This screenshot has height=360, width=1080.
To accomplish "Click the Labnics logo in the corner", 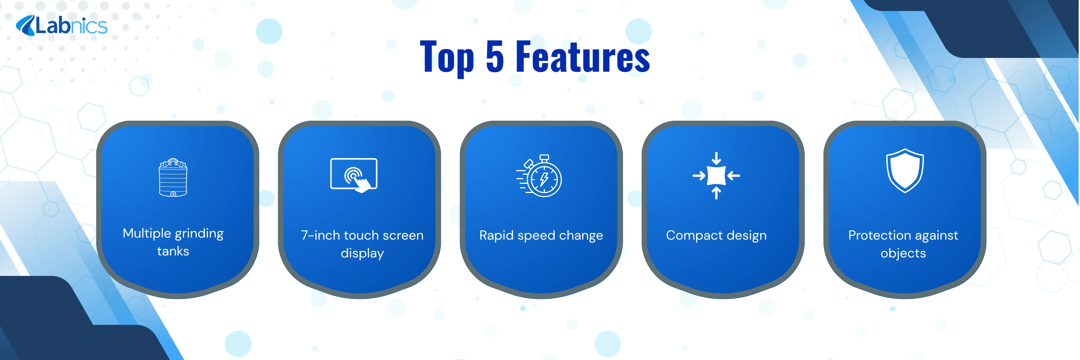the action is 62,26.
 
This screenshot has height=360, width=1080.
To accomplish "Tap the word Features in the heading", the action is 583,56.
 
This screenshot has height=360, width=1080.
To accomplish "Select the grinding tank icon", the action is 173,177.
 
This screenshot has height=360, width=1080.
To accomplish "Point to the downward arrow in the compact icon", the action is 717,158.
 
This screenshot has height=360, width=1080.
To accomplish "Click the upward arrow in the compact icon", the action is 717,193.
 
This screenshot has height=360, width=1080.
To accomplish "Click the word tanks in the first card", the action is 173,251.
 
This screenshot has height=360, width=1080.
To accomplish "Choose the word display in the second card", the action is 362,253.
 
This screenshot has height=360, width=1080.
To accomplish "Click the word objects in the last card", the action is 903,253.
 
